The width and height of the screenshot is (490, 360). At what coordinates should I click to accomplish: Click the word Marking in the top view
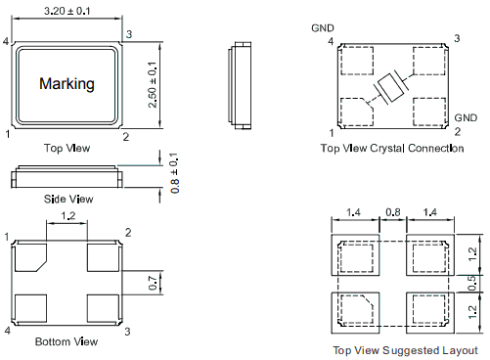coord(67,84)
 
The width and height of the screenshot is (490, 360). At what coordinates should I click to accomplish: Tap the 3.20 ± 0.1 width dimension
coord(67,11)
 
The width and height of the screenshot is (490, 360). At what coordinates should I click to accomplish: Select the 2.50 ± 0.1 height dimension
coord(153,84)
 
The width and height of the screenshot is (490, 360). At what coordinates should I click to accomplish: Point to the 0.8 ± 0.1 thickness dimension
coord(174,173)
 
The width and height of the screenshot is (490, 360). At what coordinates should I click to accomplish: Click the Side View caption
coord(68,199)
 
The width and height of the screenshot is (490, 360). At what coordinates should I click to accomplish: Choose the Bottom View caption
coord(67,341)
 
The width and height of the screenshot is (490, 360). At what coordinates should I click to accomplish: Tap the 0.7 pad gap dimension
coord(153,283)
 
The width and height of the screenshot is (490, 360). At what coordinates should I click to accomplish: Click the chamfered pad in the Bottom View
coord(31,258)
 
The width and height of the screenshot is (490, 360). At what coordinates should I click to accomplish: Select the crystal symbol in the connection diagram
coord(391,88)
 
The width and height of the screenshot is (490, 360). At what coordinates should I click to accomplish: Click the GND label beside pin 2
coord(466,117)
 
